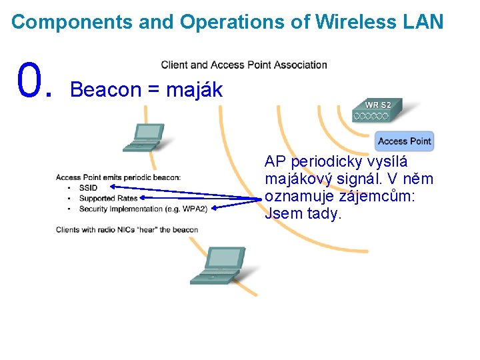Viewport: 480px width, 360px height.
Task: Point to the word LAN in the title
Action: pos(423,22)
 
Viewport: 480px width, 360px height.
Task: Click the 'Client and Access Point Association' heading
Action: pos(244,65)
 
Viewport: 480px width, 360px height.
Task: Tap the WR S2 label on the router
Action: pos(378,105)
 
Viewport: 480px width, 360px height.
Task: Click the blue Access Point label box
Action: pos(405,141)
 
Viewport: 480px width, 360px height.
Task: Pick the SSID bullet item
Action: pos(88,188)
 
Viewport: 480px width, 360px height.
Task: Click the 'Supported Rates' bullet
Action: pos(108,198)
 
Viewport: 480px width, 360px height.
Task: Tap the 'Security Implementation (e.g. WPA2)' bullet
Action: pos(143,209)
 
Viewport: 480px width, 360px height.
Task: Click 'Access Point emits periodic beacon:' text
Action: pos(118,177)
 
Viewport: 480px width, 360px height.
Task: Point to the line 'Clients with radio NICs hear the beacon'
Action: pos(127,230)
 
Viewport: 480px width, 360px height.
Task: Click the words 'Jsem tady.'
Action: pos(303,214)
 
